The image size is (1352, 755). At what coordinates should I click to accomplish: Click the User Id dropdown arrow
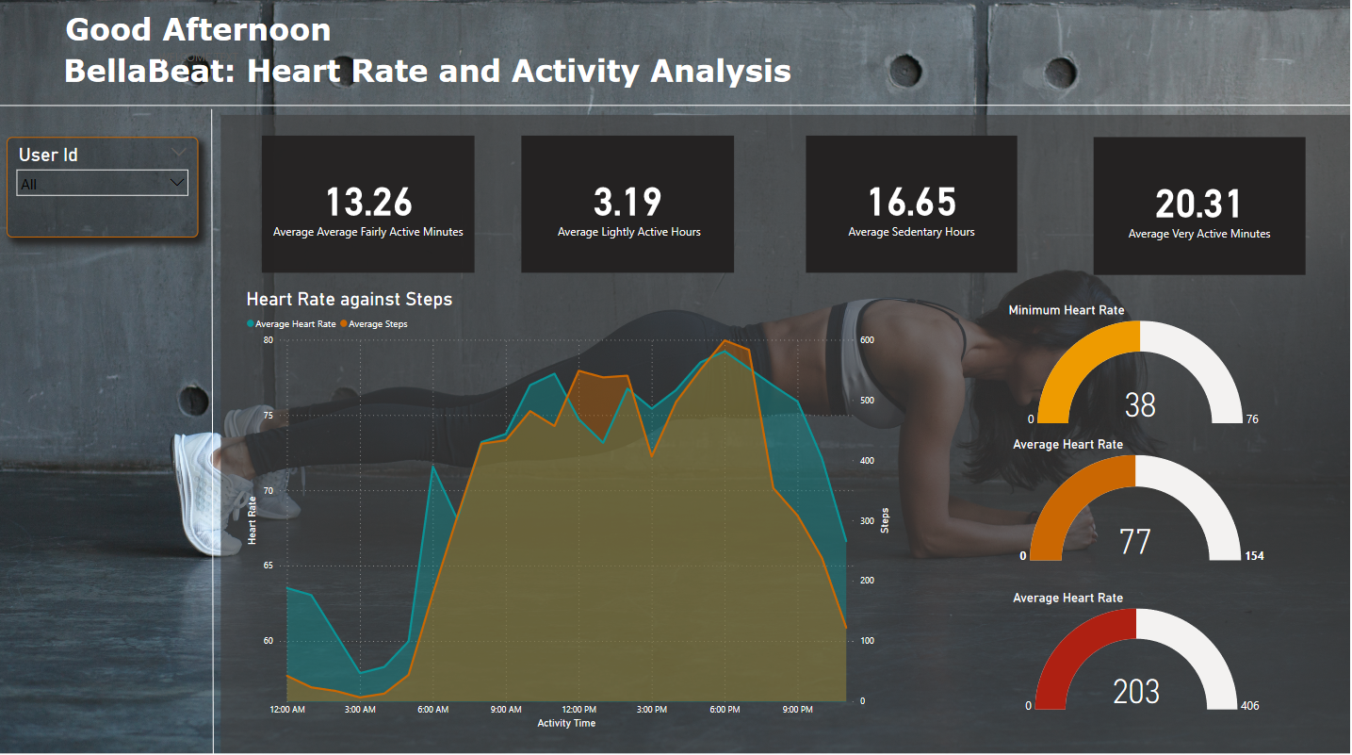tap(176, 182)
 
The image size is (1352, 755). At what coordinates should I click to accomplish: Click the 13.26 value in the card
tap(368, 203)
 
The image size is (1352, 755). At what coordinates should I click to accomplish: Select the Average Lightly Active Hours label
tap(628, 232)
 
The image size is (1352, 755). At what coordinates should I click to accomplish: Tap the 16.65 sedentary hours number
tap(911, 203)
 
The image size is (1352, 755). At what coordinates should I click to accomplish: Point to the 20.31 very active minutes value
tap(1198, 205)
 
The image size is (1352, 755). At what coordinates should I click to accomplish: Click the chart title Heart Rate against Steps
tap(349, 300)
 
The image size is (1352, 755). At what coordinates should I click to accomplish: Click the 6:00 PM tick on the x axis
tap(725, 709)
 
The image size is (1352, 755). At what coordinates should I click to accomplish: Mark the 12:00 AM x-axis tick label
tap(286, 709)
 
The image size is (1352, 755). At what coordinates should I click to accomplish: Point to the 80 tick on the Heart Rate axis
tap(269, 340)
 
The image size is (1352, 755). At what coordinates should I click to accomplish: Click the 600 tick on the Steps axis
tap(866, 340)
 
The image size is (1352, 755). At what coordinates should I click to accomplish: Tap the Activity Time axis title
tap(566, 723)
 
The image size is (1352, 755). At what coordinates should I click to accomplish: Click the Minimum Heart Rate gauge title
tap(1066, 310)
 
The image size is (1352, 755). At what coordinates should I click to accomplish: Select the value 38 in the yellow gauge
tap(1140, 405)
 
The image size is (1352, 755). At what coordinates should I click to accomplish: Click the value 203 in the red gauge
tap(1136, 692)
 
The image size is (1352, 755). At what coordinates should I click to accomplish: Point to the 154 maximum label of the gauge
tap(1253, 556)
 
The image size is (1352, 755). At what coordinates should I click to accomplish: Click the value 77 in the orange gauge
tap(1135, 542)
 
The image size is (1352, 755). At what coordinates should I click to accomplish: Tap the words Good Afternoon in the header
tap(198, 30)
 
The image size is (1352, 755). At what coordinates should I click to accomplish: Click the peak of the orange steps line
tap(725, 341)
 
